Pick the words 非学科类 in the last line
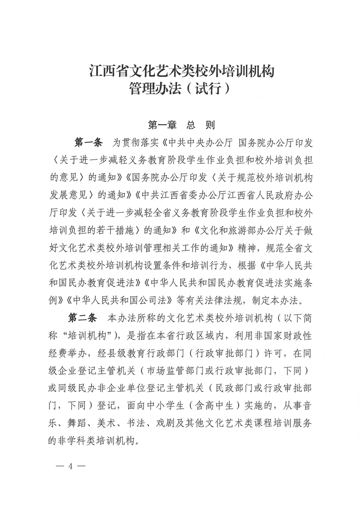click(67, 440)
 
